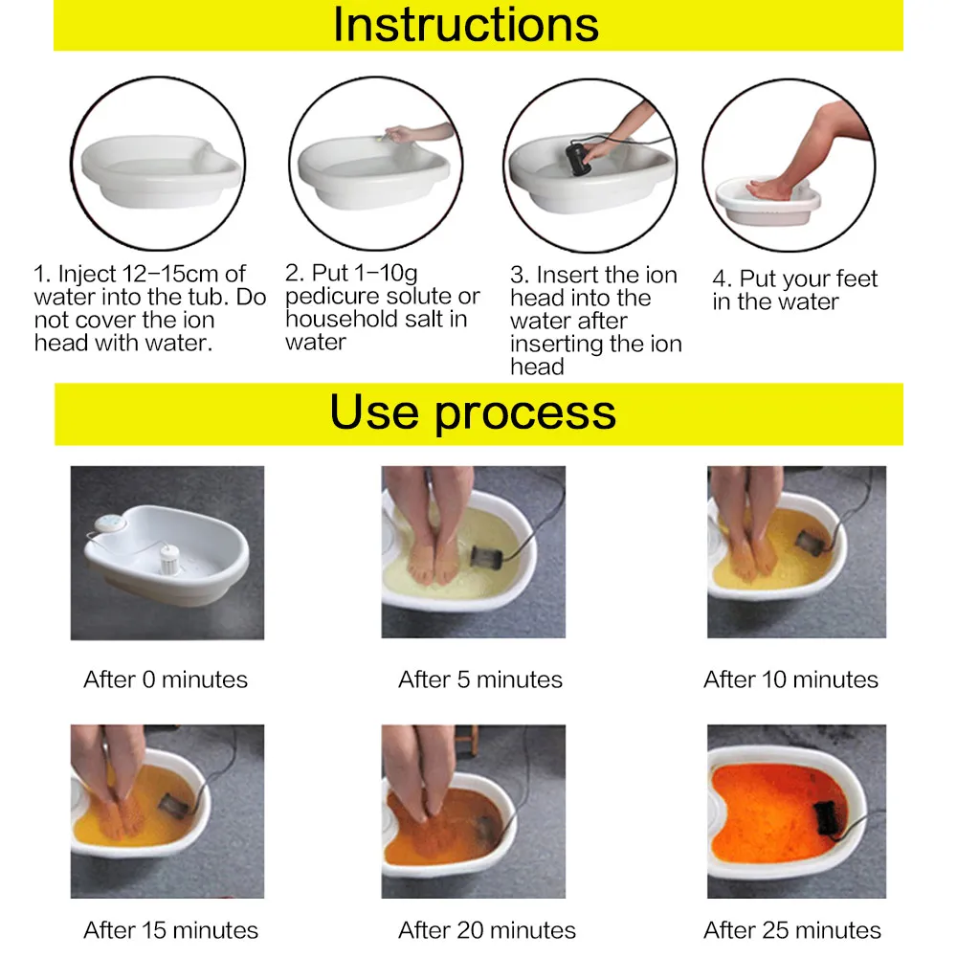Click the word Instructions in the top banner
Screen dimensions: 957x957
coord(466,25)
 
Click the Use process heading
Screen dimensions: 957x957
coord(473,412)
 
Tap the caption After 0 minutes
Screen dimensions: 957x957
coord(166,680)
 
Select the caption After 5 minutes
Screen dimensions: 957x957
coord(480,680)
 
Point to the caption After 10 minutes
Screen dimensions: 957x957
coord(790,680)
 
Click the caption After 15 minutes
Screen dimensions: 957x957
coord(170,930)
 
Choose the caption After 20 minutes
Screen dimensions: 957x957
coord(487,930)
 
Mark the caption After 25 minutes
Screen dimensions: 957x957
coord(792,930)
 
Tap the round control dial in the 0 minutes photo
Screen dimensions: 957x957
coord(108,523)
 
